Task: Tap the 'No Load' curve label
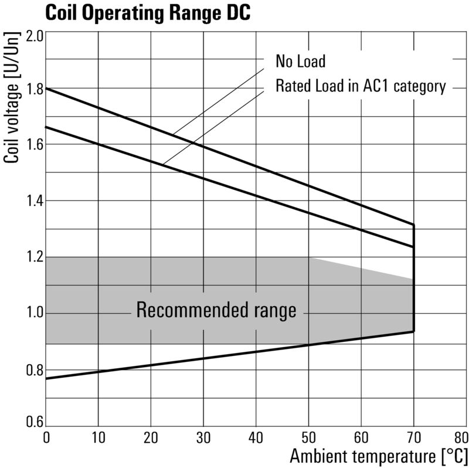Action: coord(300,61)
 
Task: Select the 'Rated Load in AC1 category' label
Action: coord(361,87)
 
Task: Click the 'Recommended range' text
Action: coord(216,310)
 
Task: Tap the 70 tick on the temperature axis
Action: coord(413,437)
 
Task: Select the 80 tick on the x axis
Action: coord(460,437)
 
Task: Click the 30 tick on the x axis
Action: coord(203,437)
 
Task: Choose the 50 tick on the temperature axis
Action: coord(308,437)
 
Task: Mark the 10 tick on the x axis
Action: coord(98,437)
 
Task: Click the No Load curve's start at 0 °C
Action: coord(46,88)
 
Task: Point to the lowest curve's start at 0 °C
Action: coord(46,378)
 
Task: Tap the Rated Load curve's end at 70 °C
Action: coord(414,247)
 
